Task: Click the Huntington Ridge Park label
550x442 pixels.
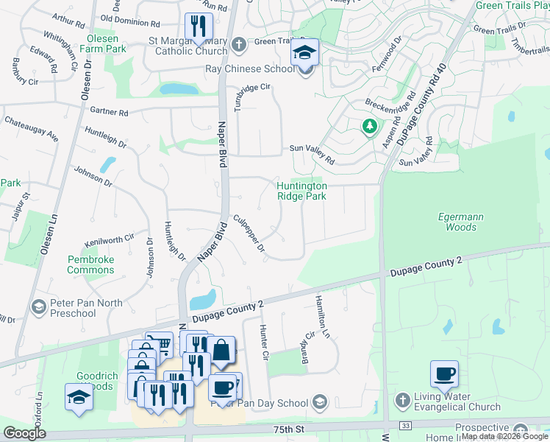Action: [301, 192]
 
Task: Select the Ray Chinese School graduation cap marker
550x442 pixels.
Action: [304, 55]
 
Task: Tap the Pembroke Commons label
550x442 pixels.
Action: [90, 264]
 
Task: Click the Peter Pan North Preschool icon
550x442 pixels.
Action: [39, 305]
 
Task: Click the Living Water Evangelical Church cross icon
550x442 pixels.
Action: [401, 401]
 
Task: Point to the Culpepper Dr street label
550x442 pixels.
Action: [249, 234]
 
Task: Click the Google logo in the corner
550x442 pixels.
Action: [24, 433]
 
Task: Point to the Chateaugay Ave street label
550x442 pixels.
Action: [32, 127]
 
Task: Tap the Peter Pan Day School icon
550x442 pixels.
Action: [319, 401]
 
